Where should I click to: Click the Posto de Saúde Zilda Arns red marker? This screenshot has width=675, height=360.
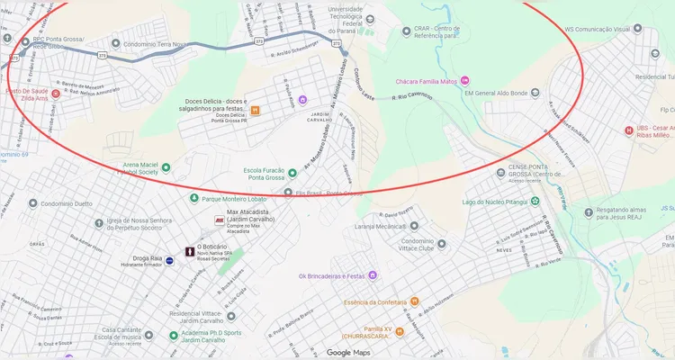56,94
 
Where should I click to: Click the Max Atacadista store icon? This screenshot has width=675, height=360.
219,220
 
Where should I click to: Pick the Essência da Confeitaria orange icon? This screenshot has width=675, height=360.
415,301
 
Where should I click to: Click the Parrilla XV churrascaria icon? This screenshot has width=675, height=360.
400,331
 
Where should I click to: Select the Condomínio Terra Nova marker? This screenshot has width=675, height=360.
113,41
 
